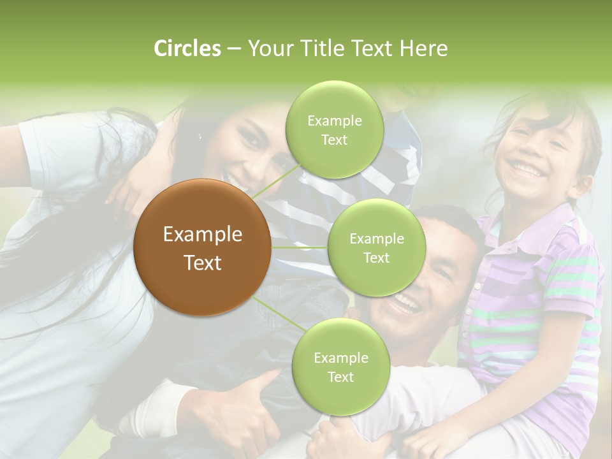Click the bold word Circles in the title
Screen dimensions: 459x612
(x=187, y=48)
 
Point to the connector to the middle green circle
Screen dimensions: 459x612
(x=300, y=247)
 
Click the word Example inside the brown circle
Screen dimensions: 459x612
(x=203, y=235)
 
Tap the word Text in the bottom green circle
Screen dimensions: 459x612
(x=340, y=377)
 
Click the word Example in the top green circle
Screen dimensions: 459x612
(x=334, y=121)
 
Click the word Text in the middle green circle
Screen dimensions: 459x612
(x=376, y=258)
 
